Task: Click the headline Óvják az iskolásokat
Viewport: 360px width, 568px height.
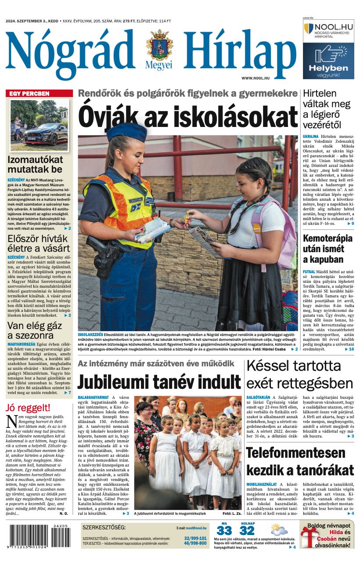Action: pos(188,117)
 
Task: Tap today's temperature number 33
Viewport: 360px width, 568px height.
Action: pos(224,531)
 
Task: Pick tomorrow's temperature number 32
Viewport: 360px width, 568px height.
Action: pos(247,531)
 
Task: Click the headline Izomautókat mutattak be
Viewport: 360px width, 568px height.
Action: pos(35,164)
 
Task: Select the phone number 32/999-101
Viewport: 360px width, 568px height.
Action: pos(195,538)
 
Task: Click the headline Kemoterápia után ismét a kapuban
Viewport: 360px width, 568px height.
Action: pos(328,249)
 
